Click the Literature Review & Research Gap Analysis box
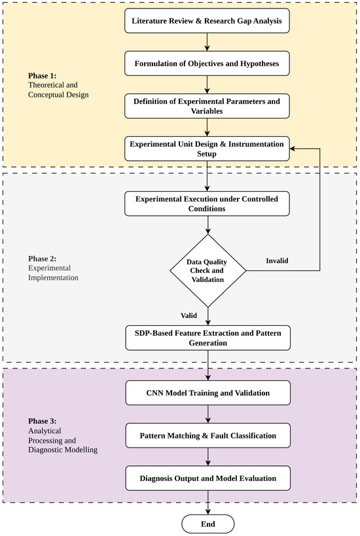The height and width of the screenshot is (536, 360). pyautogui.click(x=207, y=21)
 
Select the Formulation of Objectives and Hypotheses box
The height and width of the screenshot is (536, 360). pyautogui.click(x=207, y=63)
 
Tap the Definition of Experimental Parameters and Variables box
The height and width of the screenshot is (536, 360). pyautogui.click(x=207, y=106)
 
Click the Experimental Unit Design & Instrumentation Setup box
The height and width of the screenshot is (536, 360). pyautogui.click(x=207, y=149)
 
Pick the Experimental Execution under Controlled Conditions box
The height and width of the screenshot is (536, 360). pyautogui.click(x=207, y=204)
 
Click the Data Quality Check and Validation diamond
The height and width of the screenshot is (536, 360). pyautogui.click(x=208, y=270)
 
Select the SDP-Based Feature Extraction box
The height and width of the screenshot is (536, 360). pyautogui.click(x=208, y=338)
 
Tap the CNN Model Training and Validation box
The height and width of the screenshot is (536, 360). pyautogui.click(x=208, y=393)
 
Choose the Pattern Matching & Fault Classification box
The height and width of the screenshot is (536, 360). pyautogui.click(x=208, y=435)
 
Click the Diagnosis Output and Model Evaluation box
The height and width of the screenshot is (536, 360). pyautogui.click(x=208, y=478)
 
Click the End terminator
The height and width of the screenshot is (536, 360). pyautogui.click(x=208, y=524)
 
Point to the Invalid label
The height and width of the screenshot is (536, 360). pyautogui.click(x=277, y=261)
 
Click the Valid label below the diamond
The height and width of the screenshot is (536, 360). pyautogui.click(x=189, y=315)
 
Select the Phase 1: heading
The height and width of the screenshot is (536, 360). pyautogui.click(x=42, y=75)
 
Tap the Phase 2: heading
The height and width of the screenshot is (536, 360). pyautogui.click(x=42, y=259)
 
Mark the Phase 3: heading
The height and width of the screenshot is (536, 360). pyautogui.click(x=42, y=421)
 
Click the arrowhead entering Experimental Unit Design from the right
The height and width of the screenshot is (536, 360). pyautogui.click(x=293, y=149)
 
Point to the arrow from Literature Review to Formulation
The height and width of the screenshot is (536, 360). pyautogui.click(x=207, y=42)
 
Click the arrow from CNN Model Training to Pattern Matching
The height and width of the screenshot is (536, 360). pyautogui.click(x=208, y=414)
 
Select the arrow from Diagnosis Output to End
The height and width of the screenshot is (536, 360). pyautogui.click(x=208, y=503)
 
